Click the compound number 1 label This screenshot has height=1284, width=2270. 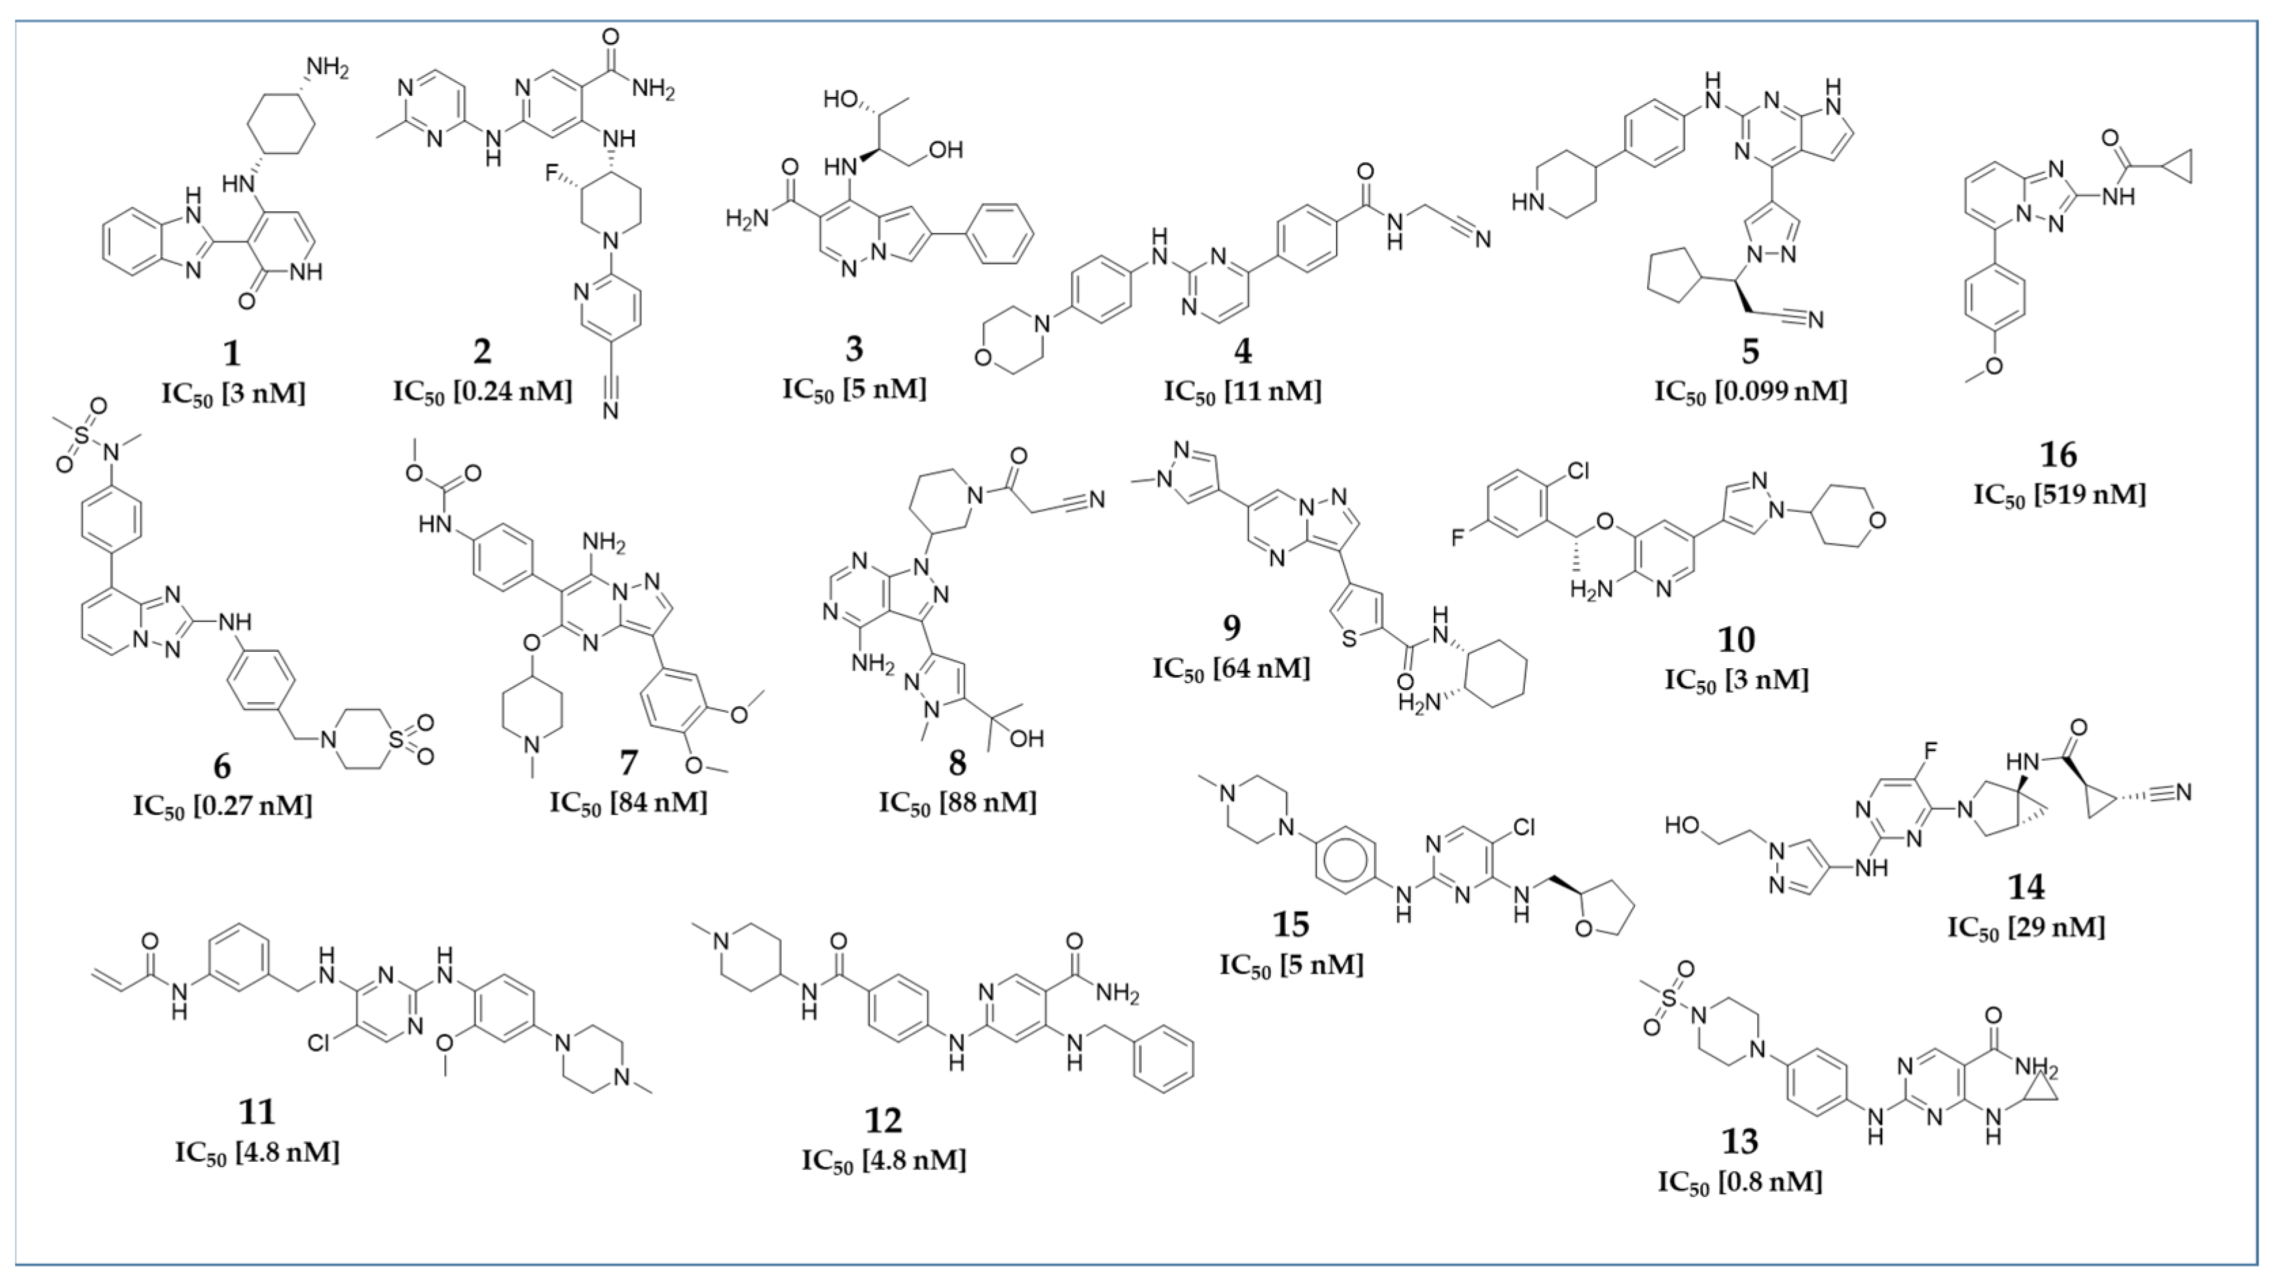(231, 353)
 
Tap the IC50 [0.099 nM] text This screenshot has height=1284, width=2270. (1750, 390)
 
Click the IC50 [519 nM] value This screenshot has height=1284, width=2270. (2059, 494)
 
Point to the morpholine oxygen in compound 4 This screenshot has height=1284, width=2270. (981, 359)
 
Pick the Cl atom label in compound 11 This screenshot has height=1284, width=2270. (319, 1043)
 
